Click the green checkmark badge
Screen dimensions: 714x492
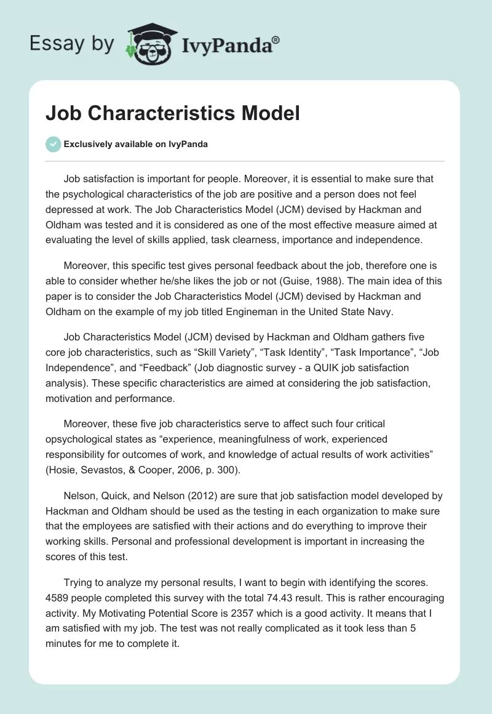[53, 144]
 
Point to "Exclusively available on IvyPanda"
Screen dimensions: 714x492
[136, 144]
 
